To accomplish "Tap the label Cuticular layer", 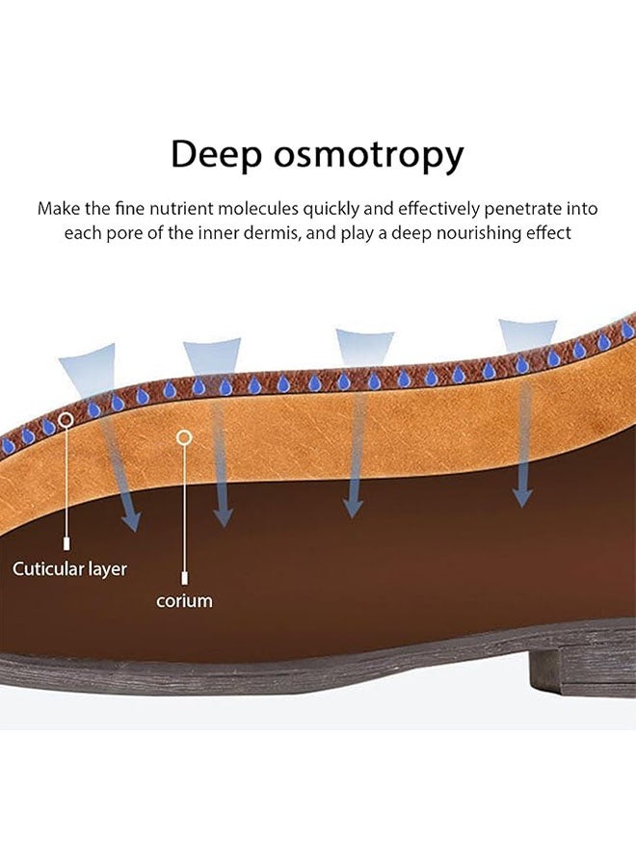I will pos(69,568).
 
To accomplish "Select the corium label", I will pos(184,600).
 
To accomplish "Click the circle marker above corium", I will pos(184,437).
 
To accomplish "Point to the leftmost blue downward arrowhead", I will pos(130,521).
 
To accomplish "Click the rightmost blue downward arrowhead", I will pos(522,496).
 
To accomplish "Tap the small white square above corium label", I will pos(184,577).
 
